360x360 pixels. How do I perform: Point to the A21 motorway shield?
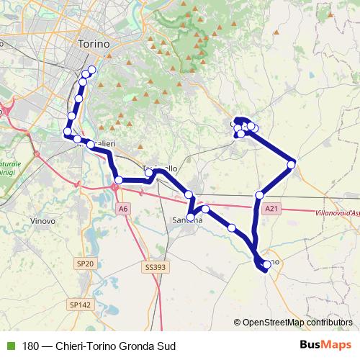(271, 209)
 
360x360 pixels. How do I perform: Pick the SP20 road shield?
(85, 265)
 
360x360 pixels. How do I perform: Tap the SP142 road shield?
(81, 305)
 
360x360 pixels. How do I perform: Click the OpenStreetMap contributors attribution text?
(297, 323)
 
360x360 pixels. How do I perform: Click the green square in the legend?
(10, 346)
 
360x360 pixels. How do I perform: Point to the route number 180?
(30, 346)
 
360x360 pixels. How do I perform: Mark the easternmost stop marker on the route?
(292, 165)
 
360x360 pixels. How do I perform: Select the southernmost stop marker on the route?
(266, 265)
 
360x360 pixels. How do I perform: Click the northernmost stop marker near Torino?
(91, 70)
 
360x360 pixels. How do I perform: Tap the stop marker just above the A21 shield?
(260, 195)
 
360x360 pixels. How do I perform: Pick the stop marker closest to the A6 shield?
(118, 180)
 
